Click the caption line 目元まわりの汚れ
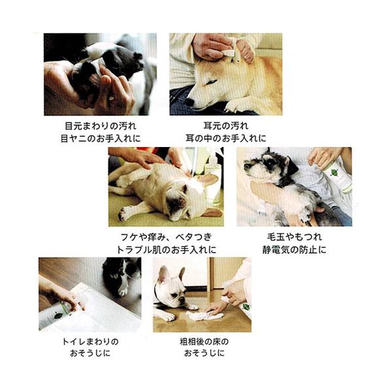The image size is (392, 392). point(101,125)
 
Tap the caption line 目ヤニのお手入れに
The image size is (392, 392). point(101,139)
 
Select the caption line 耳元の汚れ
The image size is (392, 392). point(226,125)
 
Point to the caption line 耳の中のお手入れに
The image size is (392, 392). point(226,139)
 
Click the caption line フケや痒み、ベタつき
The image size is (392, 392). point(166,237)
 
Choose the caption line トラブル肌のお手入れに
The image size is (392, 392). point(166,250)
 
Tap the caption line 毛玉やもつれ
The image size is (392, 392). point(295,237)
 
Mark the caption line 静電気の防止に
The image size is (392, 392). point(295,250)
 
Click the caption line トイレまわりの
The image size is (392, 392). point(90,341)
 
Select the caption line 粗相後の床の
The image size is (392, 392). point(204,341)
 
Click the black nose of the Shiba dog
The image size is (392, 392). point(189,101)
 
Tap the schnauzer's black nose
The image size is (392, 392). point(247,166)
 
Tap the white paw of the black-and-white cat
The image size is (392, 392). point(123,291)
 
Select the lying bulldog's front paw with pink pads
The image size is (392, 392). point(122,214)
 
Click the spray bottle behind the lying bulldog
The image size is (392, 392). point(212,181)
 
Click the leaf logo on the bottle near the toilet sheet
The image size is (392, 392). point(58,316)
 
